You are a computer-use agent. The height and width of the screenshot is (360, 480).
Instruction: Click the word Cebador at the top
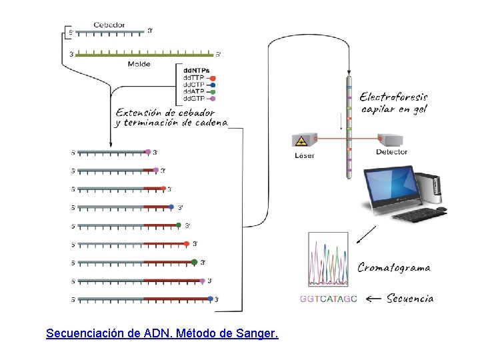pyautogui.click(x=109, y=25)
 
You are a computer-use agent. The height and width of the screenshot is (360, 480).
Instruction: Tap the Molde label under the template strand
pyautogui.click(x=139, y=64)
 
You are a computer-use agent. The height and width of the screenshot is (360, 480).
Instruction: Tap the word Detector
pyautogui.click(x=391, y=152)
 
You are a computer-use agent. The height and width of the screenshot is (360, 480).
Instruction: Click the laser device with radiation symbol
pyautogui.click(x=304, y=140)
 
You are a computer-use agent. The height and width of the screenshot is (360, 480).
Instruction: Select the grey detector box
pyautogui.click(x=391, y=140)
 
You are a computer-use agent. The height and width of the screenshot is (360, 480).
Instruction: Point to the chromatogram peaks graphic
pyautogui.click(x=327, y=260)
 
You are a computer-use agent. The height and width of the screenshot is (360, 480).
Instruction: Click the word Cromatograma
pyautogui.click(x=393, y=268)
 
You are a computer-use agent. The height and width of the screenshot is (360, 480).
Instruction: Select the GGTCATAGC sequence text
pyautogui.click(x=328, y=299)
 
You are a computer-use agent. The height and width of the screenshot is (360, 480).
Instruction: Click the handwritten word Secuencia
pyautogui.click(x=410, y=298)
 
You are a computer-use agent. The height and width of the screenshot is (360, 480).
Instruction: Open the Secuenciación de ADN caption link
pyautogui.click(x=162, y=332)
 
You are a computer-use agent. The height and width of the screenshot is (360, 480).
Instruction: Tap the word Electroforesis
pyautogui.click(x=393, y=97)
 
